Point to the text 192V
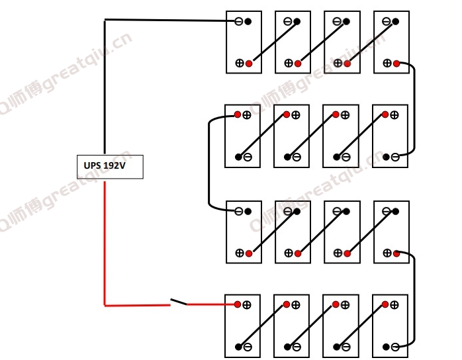coord(115,165)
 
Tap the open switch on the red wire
coord(179,302)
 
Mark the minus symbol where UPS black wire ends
coord(239,21)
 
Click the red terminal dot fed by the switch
coord(238,304)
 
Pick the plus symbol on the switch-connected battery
coord(247,304)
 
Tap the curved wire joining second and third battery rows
coord(209,163)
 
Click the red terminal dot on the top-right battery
coord(396,64)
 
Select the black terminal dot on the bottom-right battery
coord(386,347)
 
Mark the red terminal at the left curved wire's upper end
coord(238,114)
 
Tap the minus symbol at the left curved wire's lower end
coord(239,211)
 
